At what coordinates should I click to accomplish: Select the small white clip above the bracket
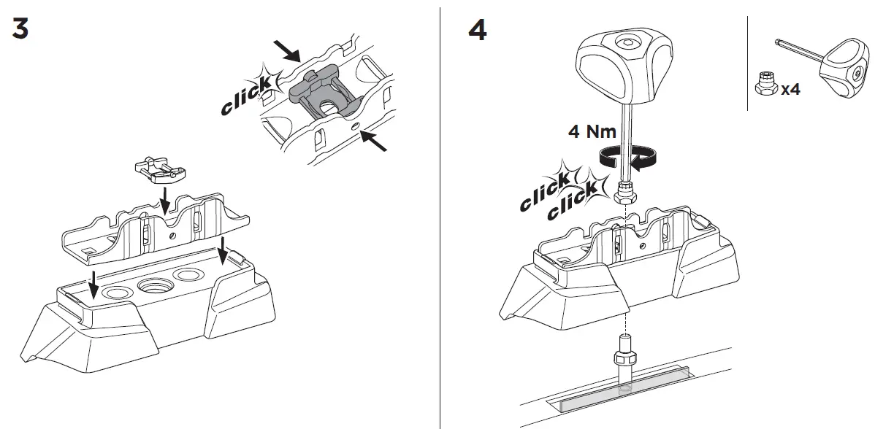coord(159,169)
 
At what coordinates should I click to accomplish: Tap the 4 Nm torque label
coord(592,131)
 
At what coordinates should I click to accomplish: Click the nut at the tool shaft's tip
coord(625,196)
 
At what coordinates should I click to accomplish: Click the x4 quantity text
coord(791,90)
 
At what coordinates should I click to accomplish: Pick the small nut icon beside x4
coord(766,83)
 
